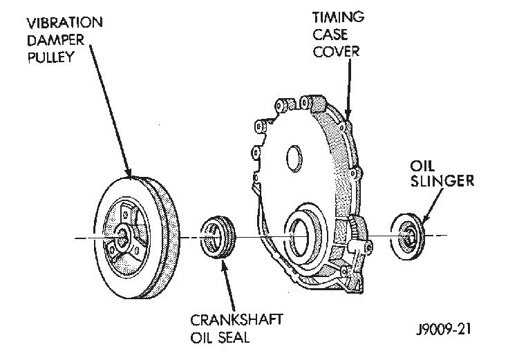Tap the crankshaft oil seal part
coord(218,239)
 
